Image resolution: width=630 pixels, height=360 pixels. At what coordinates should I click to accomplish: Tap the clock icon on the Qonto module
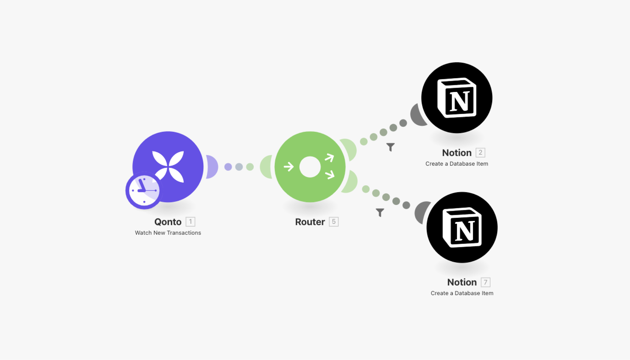coord(144,190)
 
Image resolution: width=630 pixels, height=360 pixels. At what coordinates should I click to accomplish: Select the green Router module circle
coord(310,184)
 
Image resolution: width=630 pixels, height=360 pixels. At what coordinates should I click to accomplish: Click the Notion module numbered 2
coord(457,98)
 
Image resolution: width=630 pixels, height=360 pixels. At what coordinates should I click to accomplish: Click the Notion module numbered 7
coord(462,227)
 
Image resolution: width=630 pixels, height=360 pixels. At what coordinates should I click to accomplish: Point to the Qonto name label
coord(168,222)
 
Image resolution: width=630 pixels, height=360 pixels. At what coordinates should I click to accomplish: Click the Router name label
coord(310,222)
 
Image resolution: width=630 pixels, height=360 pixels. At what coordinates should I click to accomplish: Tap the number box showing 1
coord(190,222)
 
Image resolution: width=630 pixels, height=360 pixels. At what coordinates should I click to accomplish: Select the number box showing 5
coord(333,222)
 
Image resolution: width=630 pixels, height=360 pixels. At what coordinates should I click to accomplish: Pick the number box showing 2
coord(480,153)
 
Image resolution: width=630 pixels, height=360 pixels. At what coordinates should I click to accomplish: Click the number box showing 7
coord(485,282)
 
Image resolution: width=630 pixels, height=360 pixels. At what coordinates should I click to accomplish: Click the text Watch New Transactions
coord(168,233)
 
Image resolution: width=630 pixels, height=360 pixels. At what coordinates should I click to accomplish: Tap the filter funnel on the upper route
coord(390,147)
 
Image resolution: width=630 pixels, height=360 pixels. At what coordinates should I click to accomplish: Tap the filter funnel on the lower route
coord(380,212)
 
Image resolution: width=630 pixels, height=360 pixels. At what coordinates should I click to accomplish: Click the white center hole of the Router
coord(310,167)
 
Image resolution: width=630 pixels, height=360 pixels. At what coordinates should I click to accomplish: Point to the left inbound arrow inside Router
coord(289,167)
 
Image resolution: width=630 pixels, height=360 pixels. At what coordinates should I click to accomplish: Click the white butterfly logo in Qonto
coord(168,166)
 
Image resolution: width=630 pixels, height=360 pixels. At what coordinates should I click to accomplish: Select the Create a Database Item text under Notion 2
coord(457,164)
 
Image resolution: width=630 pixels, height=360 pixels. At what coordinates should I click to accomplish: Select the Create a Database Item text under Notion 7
coord(462,293)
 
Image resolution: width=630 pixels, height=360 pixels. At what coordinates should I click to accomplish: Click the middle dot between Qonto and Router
coord(239,167)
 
